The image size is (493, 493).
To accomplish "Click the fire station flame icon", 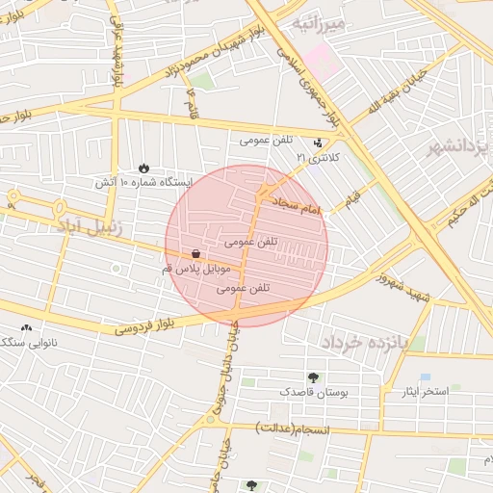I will click(x=144, y=167).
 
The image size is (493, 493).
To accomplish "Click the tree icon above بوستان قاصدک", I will click(x=312, y=376).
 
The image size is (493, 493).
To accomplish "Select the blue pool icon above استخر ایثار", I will click(x=425, y=376).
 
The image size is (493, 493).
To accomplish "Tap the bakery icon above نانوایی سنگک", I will click(x=26, y=327).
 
